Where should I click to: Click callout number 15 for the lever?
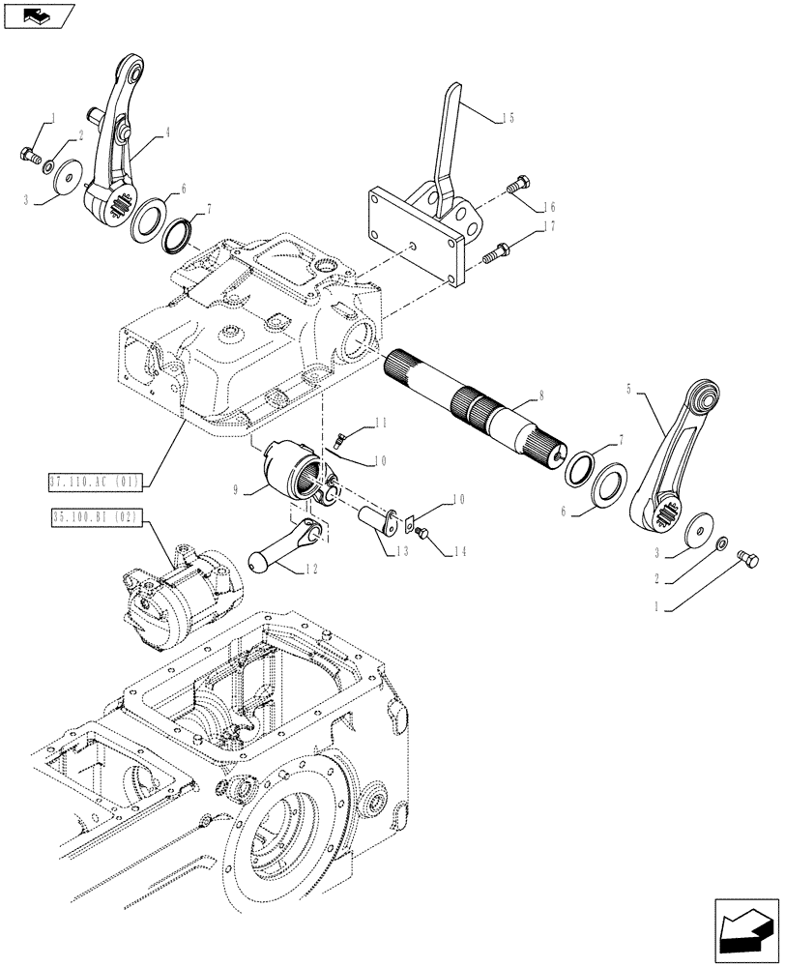point(507,117)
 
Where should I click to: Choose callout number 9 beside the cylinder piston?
point(237,490)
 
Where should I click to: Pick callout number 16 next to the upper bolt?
point(548,206)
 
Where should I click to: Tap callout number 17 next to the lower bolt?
point(548,228)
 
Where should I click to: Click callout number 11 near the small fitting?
point(381,423)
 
